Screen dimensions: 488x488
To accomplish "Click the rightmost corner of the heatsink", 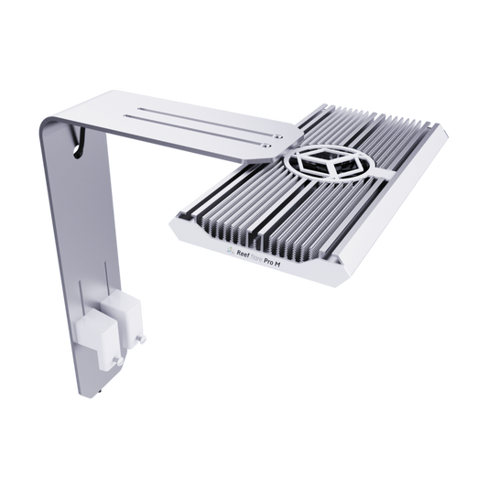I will [450, 136].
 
